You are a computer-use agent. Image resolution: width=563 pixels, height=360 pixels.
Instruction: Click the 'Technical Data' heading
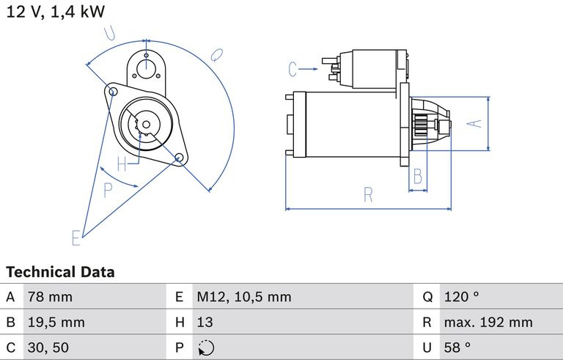click(x=60, y=272)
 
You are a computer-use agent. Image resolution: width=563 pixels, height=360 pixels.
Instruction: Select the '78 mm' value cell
click(x=50, y=297)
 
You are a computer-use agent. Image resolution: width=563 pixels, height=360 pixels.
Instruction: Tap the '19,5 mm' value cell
click(x=56, y=322)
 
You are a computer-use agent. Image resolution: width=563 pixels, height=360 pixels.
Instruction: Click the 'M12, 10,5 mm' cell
click(x=243, y=297)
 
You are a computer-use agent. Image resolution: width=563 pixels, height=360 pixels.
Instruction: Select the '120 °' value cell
click(x=461, y=297)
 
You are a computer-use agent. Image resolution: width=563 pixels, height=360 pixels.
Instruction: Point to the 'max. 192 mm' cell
click(x=488, y=322)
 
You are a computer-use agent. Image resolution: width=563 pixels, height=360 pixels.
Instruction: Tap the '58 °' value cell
click(x=457, y=347)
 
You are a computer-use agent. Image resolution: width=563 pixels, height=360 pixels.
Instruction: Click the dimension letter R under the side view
click(x=368, y=195)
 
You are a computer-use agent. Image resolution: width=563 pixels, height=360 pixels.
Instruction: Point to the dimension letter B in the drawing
click(x=417, y=176)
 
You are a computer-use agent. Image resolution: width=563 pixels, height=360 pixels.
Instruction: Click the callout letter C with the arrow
click(x=293, y=70)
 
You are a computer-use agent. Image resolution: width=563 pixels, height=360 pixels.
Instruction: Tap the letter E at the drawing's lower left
click(x=76, y=238)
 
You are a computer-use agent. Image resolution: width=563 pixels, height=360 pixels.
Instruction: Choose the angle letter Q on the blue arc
click(x=217, y=54)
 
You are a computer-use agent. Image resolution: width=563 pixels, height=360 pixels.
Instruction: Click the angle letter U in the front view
click(x=111, y=32)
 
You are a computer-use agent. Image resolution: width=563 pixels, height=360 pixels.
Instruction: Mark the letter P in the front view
click(x=108, y=191)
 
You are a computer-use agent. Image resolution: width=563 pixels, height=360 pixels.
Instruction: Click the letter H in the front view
click(x=122, y=163)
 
